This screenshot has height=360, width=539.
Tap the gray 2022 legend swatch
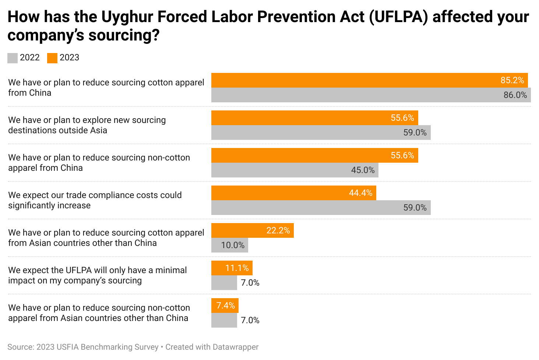[13, 58]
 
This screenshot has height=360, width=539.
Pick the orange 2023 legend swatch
[52, 58]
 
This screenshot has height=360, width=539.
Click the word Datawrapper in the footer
[236, 347]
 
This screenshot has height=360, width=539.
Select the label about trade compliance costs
[95, 200]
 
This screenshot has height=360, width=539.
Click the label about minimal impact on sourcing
[97, 275]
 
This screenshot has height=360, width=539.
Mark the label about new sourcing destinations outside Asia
[87, 125]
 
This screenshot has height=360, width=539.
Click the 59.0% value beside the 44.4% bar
[415, 208]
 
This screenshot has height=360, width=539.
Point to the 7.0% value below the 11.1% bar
[250, 283]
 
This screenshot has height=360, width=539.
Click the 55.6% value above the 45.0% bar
[402, 155]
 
